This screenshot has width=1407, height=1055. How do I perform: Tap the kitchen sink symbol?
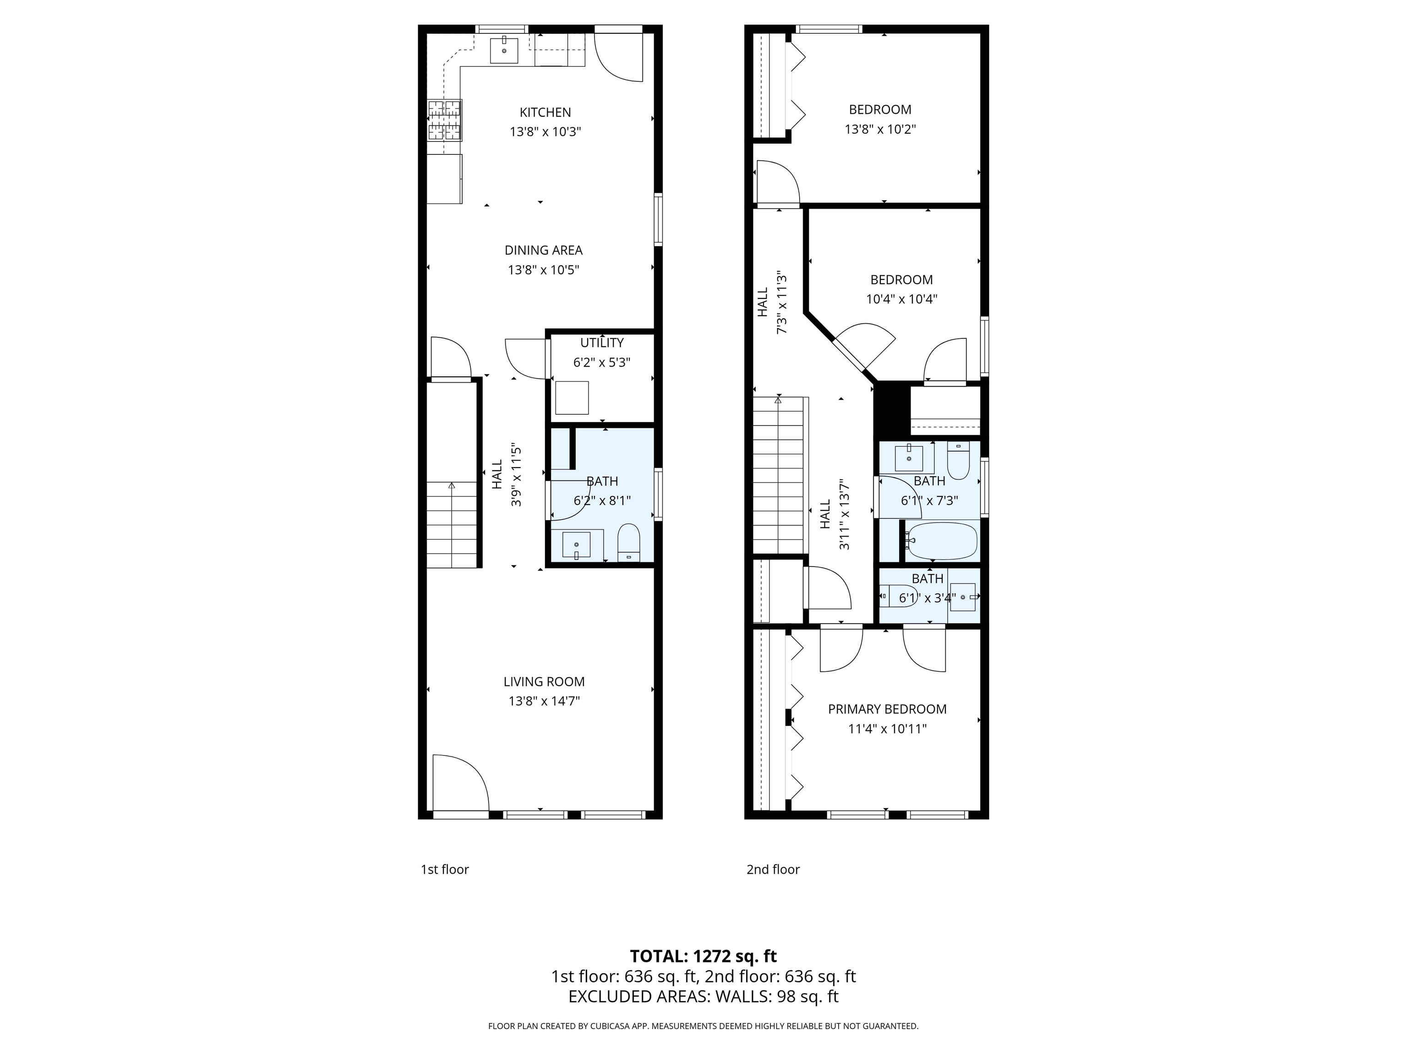click(504, 51)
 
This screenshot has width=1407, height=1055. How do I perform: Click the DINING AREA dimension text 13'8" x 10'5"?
click(543, 270)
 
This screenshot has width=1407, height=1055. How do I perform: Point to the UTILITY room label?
click(602, 343)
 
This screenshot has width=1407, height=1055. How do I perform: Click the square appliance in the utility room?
click(572, 397)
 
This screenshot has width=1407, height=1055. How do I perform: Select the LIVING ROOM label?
click(544, 682)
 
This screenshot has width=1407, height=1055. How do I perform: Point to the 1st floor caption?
click(445, 869)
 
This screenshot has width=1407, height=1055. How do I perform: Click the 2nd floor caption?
click(773, 869)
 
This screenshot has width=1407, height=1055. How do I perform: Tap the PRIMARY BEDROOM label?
click(887, 709)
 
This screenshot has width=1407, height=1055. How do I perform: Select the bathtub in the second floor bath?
click(941, 540)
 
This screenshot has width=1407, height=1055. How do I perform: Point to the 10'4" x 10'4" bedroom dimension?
click(901, 299)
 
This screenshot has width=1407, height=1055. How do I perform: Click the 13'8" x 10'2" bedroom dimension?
click(880, 129)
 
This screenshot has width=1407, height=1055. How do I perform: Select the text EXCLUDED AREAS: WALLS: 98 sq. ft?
click(703, 996)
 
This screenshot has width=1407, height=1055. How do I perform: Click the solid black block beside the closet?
click(892, 410)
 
